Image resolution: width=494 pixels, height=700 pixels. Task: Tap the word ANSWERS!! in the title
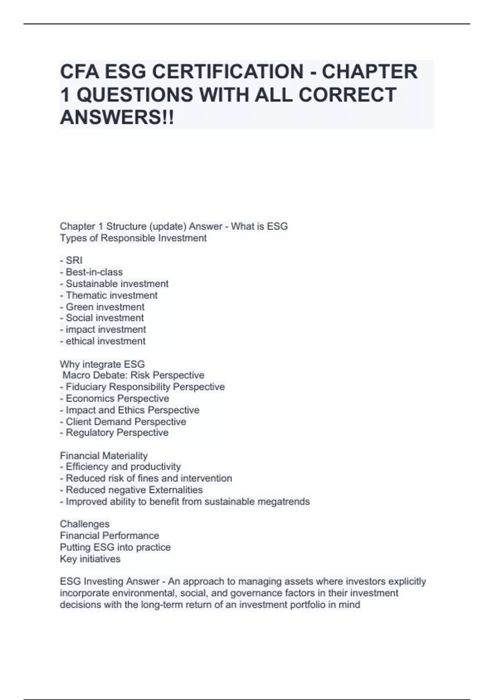(x=117, y=118)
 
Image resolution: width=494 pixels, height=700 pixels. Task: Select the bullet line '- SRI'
(x=71, y=260)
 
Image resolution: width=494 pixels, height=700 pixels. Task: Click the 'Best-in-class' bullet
(x=91, y=272)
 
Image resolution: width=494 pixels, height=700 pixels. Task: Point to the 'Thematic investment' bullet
(x=109, y=295)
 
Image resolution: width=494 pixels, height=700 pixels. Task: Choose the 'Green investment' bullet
(x=102, y=307)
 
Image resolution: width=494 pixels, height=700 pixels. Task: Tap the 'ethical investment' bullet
(x=103, y=341)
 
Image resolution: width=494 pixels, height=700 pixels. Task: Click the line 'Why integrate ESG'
(x=102, y=364)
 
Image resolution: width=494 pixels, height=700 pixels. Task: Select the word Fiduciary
(x=86, y=387)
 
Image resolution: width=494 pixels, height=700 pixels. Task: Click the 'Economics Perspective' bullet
(x=114, y=398)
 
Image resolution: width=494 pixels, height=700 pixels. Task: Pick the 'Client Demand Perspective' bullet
(x=123, y=422)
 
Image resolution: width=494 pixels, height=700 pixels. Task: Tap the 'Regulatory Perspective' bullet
(x=114, y=432)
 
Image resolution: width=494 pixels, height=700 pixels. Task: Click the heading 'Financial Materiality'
(x=104, y=456)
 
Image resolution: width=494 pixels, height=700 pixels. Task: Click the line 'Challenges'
(x=85, y=524)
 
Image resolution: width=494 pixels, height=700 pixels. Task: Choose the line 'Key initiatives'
(x=90, y=559)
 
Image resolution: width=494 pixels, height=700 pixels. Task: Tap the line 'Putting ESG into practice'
(x=115, y=547)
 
